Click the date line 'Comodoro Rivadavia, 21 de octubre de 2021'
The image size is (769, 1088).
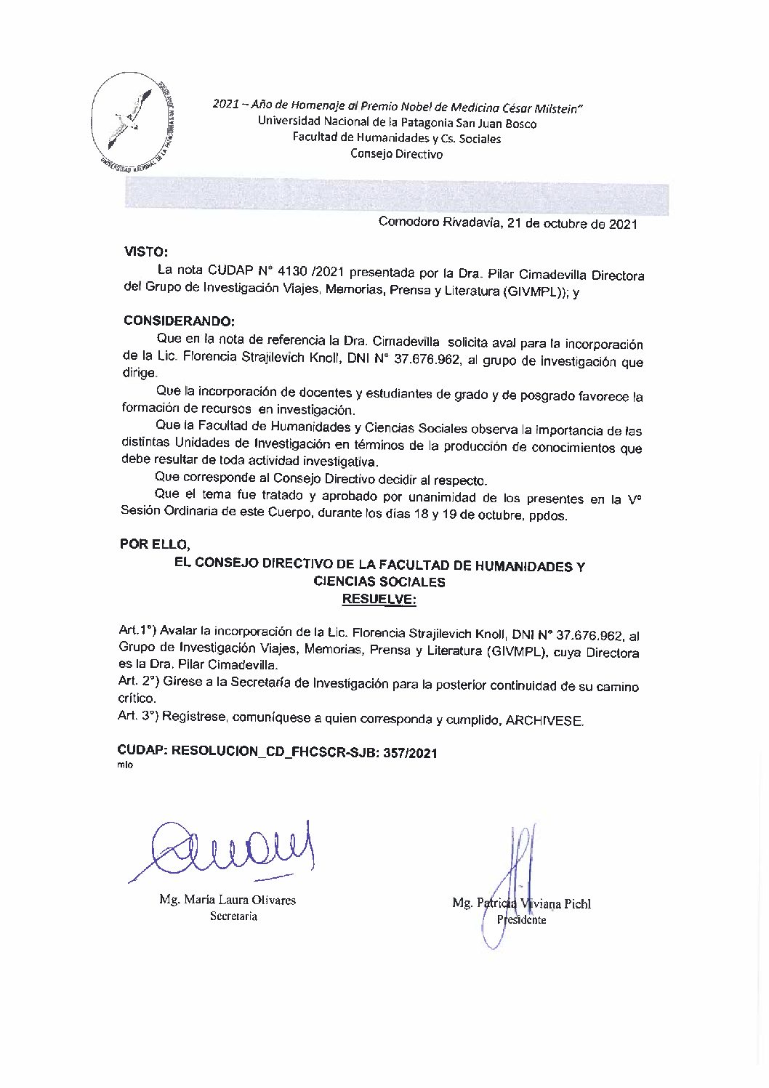(x=507, y=223)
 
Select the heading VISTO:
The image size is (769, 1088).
(x=146, y=252)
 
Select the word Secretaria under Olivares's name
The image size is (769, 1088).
(x=233, y=916)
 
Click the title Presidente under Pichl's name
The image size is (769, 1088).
(x=520, y=919)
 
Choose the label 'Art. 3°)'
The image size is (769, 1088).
(x=138, y=716)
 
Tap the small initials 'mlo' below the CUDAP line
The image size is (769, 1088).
(x=124, y=767)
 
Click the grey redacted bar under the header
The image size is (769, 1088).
(x=396, y=198)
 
